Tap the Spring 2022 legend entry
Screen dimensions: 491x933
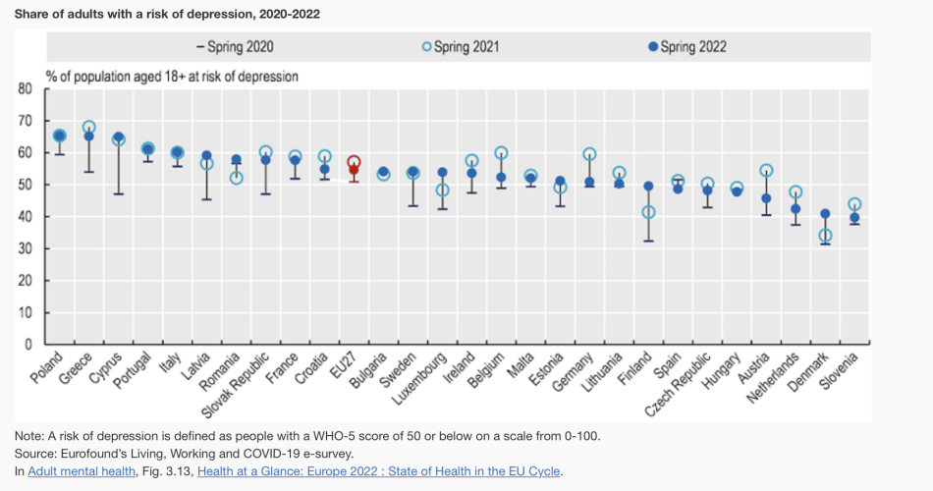687,46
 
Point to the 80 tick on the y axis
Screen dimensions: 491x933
26,89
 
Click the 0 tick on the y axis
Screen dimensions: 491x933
29,345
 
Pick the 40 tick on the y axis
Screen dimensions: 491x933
26,217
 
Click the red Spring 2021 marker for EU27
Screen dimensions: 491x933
354,162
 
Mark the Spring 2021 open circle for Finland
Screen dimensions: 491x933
648,212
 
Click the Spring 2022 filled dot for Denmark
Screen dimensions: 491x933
825,214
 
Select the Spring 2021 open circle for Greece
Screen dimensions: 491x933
89,128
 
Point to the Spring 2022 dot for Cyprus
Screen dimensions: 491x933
119,137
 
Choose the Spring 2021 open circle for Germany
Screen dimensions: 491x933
589,154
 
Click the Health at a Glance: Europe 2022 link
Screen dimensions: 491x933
379,471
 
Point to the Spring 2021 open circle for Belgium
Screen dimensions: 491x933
501,153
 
